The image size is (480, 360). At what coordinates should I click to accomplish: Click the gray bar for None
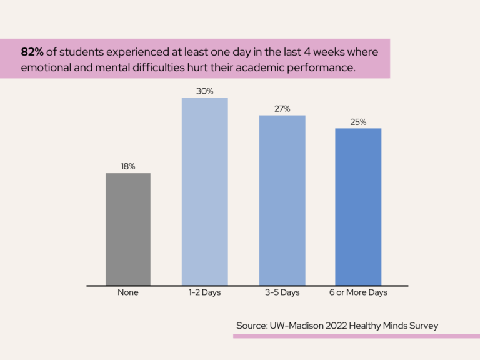click(x=128, y=229)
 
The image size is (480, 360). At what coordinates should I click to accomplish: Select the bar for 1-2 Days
click(x=205, y=191)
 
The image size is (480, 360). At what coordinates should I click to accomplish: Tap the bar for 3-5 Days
click(x=282, y=200)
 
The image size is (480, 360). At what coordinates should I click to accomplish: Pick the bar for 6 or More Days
click(x=358, y=206)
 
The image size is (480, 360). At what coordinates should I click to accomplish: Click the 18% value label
click(x=128, y=166)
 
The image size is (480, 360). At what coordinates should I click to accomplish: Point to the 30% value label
click(x=205, y=91)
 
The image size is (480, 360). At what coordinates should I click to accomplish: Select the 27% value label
click(x=282, y=109)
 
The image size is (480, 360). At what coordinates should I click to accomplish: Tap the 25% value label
click(x=358, y=122)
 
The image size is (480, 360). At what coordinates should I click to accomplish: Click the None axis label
click(x=128, y=292)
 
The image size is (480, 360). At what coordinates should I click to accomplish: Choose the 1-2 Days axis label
click(x=205, y=292)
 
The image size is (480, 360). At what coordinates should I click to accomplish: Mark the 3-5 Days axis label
click(x=282, y=292)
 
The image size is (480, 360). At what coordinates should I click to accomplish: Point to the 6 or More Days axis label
click(x=359, y=292)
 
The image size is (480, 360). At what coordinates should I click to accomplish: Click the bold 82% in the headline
click(x=32, y=52)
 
